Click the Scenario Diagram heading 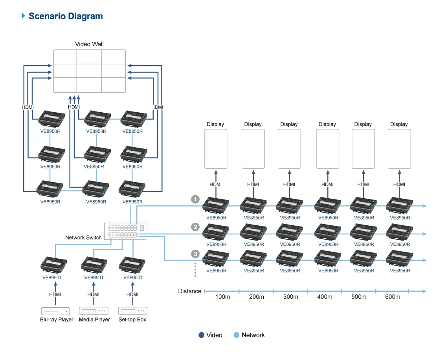pos(66,16)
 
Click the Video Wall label pos(89,44)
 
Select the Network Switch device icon pos(125,231)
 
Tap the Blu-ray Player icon pos(55,311)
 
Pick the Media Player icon pos(94,311)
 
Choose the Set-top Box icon pos(132,311)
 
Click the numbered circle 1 pos(195,199)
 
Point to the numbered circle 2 pos(195,227)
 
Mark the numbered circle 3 pos(195,254)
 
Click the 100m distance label pos(222,297)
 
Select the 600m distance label pos(393,297)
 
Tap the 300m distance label pos(290,297)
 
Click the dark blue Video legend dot pos(202,335)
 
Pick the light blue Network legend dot pos(236,335)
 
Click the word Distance pos(190,291)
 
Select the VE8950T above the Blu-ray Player pos(52,278)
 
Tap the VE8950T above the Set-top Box pos(133,278)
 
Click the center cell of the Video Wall pos(89,71)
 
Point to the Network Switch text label pos(83,238)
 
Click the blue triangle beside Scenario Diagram pos(24,16)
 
